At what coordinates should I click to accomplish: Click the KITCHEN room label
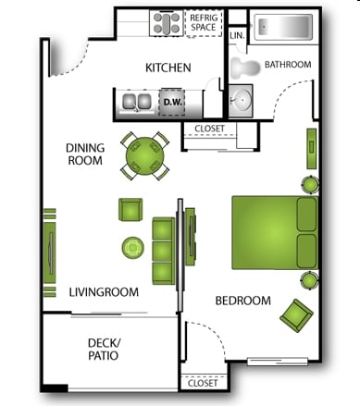tap(168, 68)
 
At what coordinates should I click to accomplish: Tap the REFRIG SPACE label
tap(204, 22)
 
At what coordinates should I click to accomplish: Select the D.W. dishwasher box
tap(173, 102)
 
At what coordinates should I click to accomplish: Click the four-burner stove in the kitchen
tap(167, 23)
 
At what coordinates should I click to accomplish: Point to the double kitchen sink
tap(136, 102)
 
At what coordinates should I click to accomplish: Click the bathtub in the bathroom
tap(283, 27)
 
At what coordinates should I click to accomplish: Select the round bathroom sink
tap(241, 100)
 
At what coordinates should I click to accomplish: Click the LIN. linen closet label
tap(237, 35)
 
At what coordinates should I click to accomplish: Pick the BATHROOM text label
tap(288, 65)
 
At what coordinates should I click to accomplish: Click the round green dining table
tap(144, 156)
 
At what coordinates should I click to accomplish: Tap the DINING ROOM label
tap(85, 154)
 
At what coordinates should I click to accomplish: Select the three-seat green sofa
tap(164, 251)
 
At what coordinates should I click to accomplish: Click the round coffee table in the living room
tap(133, 248)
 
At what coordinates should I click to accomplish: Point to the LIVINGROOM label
tap(104, 292)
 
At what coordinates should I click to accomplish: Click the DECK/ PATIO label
tap(104, 349)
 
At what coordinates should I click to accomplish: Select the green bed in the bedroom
tap(275, 233)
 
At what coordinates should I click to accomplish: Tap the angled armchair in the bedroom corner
tap(296, 315)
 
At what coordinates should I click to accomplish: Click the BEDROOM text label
tap(243, 301)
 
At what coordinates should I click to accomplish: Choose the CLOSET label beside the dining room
tap(209, 129)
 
